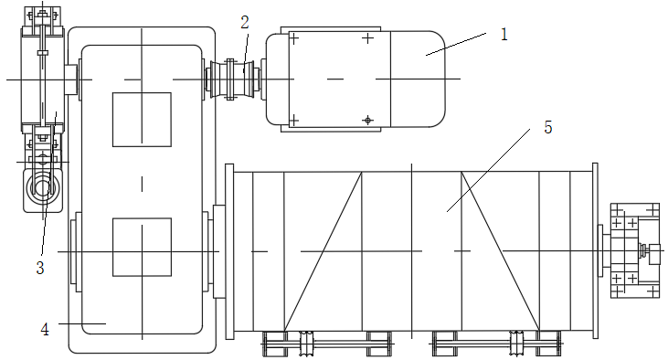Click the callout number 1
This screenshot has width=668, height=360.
(x=504, y=35)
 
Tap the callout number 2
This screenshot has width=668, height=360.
(x=245, y=23)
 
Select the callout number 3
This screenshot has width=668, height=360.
(x=40, y=268)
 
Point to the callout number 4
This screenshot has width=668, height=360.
(x=45, y=329)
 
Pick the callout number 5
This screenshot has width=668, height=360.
(x=548, y=127)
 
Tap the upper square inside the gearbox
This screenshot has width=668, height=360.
(x=142, y=120)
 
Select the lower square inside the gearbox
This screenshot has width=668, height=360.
(x=142, y=247)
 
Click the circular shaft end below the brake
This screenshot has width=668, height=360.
(x=42, y=187)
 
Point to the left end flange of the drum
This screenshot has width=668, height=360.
(x=229, y=251)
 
